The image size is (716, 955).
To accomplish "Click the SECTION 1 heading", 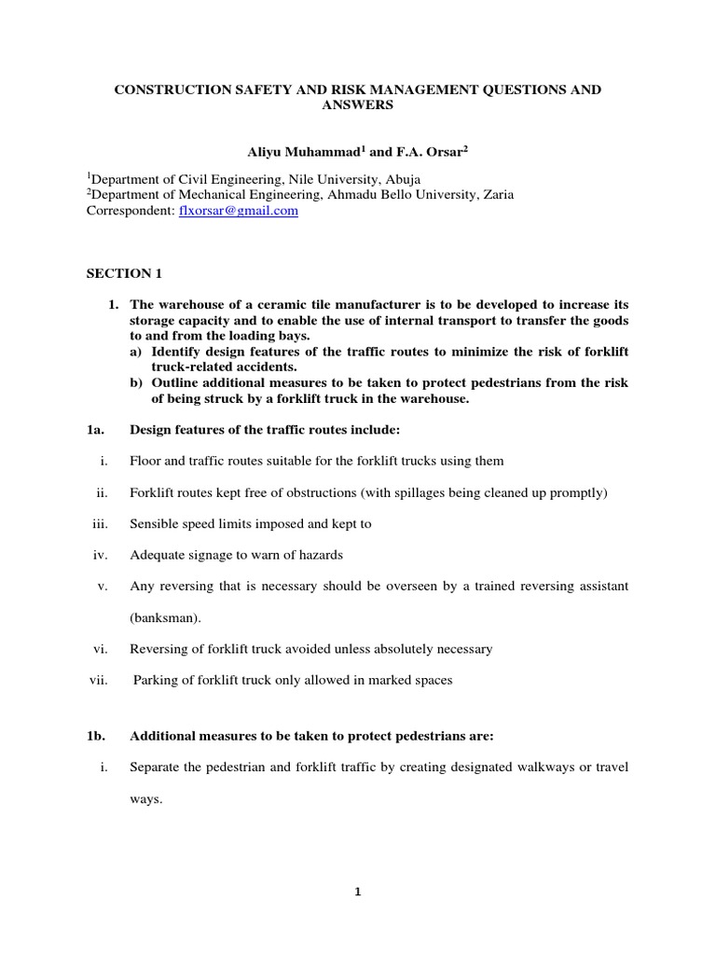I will pyautogui.click(x=118, y=273).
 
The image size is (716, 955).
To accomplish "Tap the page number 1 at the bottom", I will pyautogui.click(x=357, y=891).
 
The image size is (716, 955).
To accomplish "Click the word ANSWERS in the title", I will pyautogui.click(x=357, y=105).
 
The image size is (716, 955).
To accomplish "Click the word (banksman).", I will pyautogui.click(x=162, y=616).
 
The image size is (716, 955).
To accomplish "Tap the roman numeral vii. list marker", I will pyautogui.click(x=99, y=680).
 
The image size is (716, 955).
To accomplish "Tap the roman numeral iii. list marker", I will pyautogui.click(x=100, y=523).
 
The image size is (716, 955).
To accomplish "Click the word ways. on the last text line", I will pyautogui.click(x=146, y=799).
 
